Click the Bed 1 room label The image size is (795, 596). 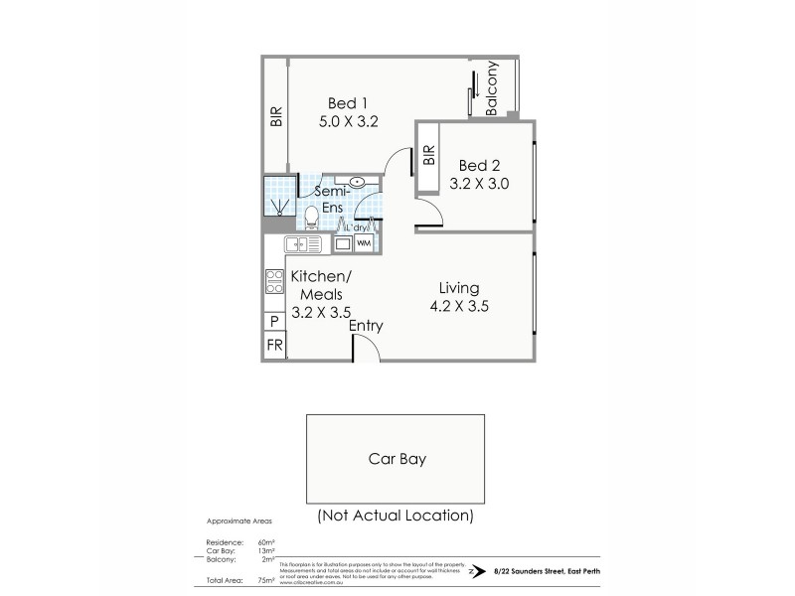pos(349,102)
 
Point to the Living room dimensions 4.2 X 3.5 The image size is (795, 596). pos(463,306)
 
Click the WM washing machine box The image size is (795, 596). pos(364,243)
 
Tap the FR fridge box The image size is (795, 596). pos(274,346)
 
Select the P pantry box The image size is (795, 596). pos(274,322)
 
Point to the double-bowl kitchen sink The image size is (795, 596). pos(300,244)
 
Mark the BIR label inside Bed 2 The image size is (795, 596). pos(429,155)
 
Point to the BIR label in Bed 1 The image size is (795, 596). pos(275,117)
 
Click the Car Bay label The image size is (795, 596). pos(397,459)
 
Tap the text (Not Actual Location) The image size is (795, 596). pos(396,516)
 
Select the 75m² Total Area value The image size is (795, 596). pos(264,578)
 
